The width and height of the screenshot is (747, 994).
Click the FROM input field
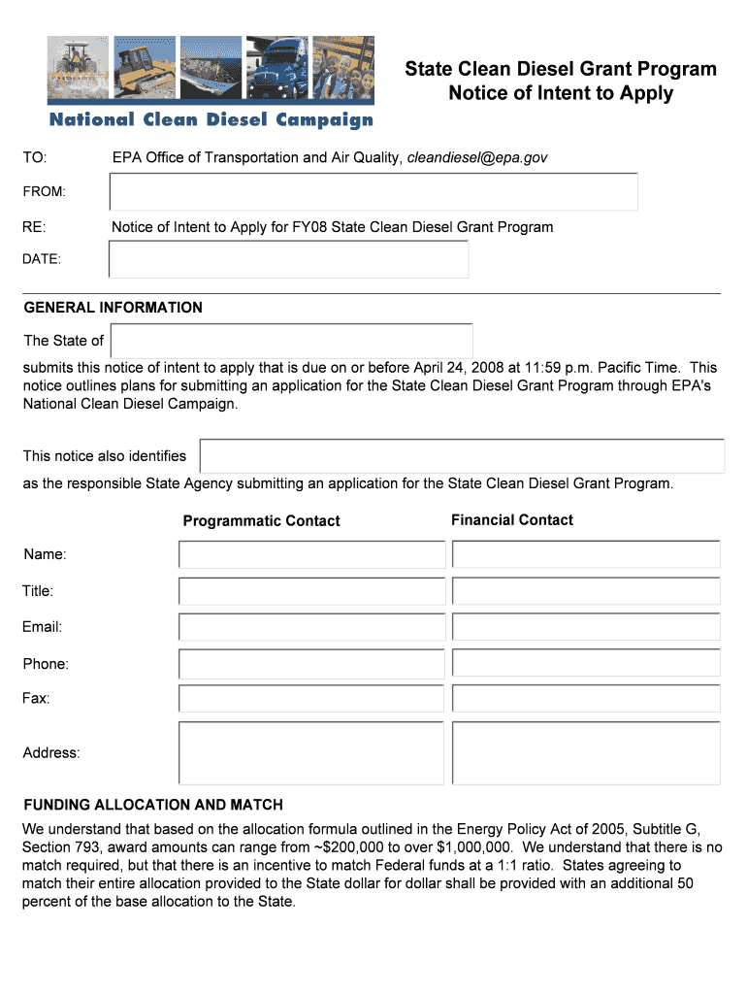[373, 192]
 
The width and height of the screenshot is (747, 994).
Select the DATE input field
[289, 259]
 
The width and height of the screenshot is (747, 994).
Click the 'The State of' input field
[292, 341]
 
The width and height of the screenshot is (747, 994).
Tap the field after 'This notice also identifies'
[462, 456]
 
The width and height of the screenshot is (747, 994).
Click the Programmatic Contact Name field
[311, 554]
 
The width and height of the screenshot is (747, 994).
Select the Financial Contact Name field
[586, 554]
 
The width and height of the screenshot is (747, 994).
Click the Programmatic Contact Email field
[311, 627]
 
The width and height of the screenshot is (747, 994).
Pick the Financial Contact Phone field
[586, 663]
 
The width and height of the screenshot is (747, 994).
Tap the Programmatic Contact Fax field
[311, 698]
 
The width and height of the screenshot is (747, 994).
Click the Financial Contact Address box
[586, 752]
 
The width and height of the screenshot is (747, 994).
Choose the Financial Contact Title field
[586, 591]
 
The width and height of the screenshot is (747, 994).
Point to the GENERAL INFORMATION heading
[113, 308]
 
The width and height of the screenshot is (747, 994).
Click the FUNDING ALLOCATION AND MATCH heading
[153, 805]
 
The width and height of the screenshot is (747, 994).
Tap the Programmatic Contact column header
[261, 521]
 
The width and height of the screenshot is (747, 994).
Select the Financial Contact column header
[511, 520]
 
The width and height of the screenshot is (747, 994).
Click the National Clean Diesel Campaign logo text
[211, 120]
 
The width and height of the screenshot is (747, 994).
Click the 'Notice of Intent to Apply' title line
[560, 94]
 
